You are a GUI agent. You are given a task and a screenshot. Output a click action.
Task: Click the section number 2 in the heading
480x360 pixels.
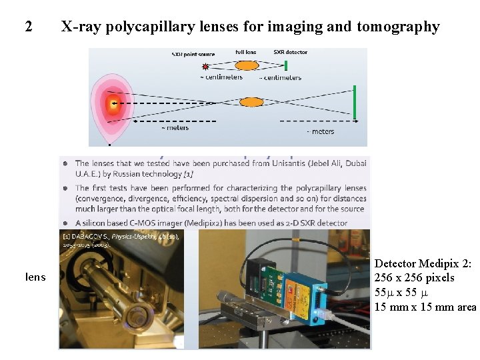click(x=28, y=27)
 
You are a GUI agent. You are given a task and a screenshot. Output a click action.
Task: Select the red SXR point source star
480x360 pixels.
click(x=205, y=66)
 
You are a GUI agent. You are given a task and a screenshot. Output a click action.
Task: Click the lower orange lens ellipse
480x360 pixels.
click(x=251, y=102)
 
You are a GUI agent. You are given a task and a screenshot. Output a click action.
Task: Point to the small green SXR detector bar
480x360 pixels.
click(x=286, y=65)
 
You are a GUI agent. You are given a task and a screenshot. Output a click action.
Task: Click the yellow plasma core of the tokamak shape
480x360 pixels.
click(x=113, y=103)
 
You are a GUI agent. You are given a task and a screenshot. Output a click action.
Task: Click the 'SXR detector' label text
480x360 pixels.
click(x=290, y=52)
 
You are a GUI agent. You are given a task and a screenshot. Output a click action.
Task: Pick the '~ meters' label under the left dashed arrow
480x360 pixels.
click(x=175, y=128)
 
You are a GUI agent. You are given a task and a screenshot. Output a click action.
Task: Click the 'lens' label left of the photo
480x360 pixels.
click(x=36, y=276)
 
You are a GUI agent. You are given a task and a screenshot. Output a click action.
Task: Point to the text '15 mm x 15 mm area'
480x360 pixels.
click(x=425, y=307)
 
